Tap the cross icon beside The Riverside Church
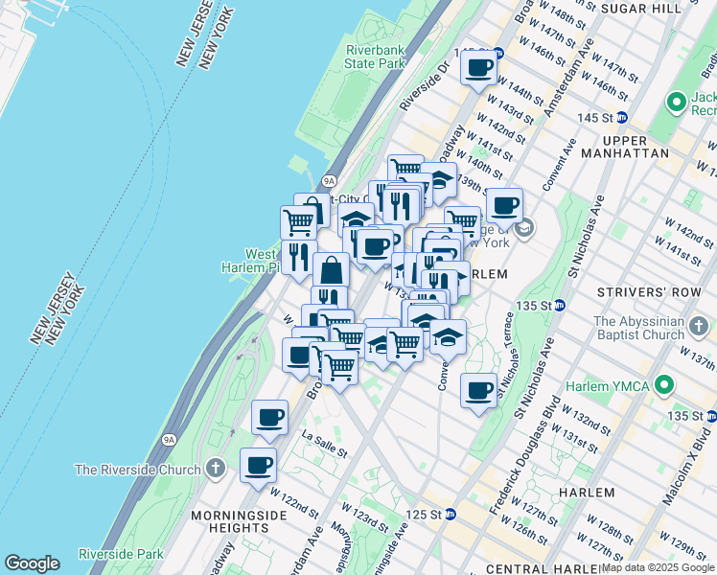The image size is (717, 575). (x=217, y=470)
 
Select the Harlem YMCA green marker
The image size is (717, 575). (x=662, y=386)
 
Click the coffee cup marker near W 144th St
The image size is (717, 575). (x=478, y=68)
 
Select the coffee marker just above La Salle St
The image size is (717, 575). (x=270, y=418)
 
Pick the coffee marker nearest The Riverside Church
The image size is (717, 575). (x=258, y=467)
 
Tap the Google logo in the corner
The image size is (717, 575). (x=32, y=564)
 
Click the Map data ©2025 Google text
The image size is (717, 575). (x=658, y=568)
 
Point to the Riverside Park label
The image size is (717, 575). (x=121, y=554)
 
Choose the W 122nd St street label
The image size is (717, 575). (x=293, y=501)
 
